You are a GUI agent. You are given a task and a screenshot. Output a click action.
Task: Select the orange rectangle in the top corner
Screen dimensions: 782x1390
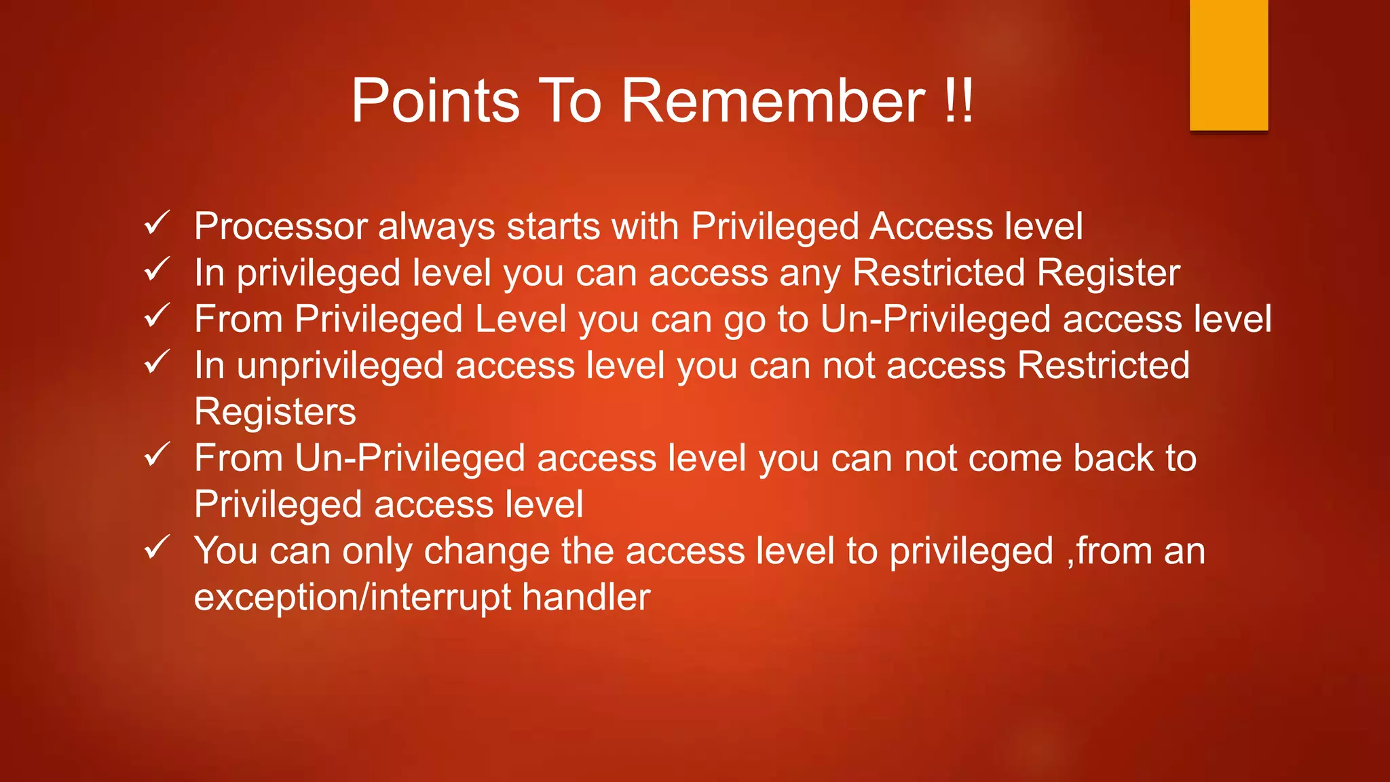[1228, 64]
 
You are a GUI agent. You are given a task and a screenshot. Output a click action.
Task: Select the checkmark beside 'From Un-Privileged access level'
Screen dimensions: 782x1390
[157, 455]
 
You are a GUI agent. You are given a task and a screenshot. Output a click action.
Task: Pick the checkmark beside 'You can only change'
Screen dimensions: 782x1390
[157, 547]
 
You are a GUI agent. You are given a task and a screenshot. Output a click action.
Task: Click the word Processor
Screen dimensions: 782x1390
[280, 226]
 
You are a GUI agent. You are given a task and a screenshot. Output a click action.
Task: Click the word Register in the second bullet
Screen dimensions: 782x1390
[1108, 274]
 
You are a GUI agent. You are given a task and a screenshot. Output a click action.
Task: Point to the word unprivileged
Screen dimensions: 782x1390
[340, 367]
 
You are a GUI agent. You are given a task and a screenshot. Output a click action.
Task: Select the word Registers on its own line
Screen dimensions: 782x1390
[275, 412]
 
